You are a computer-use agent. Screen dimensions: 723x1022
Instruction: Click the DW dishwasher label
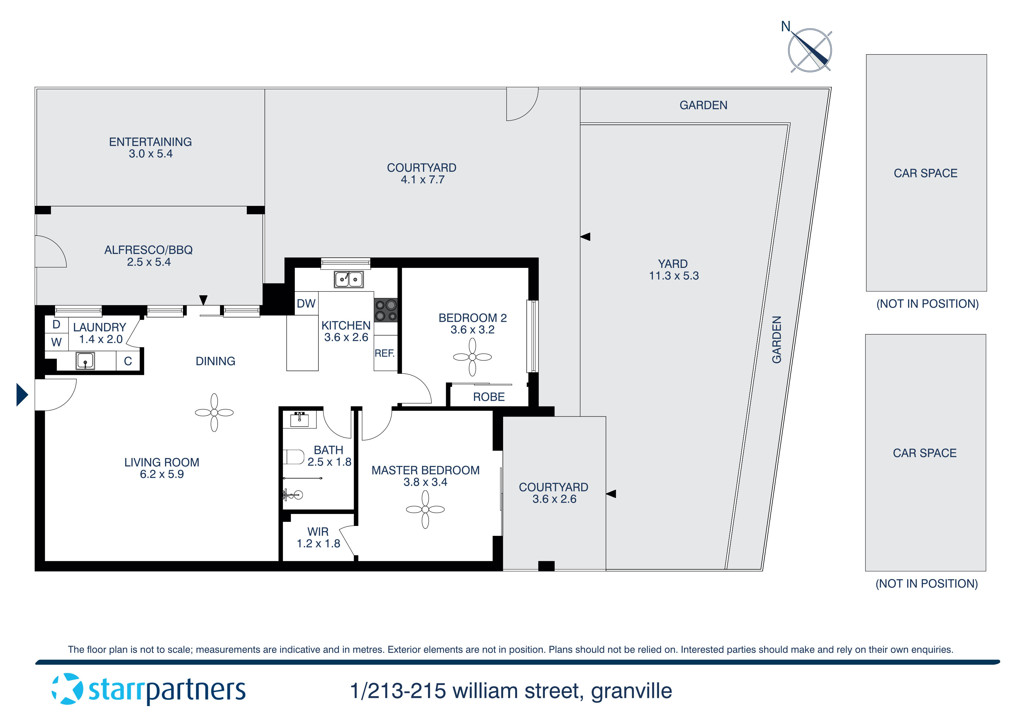pyautogui.click(x=306, y=303)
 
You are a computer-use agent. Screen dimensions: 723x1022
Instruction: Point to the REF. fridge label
pyautogui.click(x=385, y=353)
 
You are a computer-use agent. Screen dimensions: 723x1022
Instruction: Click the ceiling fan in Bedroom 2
pyautogui.click(x=472, y=357)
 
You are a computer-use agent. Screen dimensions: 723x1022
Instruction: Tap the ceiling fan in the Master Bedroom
pyautogui.click(x=425, y=510)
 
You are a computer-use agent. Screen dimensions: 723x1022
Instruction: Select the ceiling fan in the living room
pyautogui.click(x=214, y=413)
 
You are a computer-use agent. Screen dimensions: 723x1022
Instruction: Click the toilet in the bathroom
pyautogui.click(x=293, y=457)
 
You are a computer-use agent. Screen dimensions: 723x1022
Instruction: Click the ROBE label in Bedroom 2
pyautogui.click(x=489, y=397)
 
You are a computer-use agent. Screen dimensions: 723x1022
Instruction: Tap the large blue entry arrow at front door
pyautogui.click(x=22, y=395)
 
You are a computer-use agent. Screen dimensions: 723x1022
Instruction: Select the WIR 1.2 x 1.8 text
pyautogui.click(x=318, y=538)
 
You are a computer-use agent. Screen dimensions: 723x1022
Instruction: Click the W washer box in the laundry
pyautogui.click(x=56, y=342)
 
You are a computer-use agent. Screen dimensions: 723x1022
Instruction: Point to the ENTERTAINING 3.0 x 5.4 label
pyautogui.click(x=150, y=148)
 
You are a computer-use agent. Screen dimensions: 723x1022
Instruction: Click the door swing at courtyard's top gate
pyautogui.click(x=522, y=105)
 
